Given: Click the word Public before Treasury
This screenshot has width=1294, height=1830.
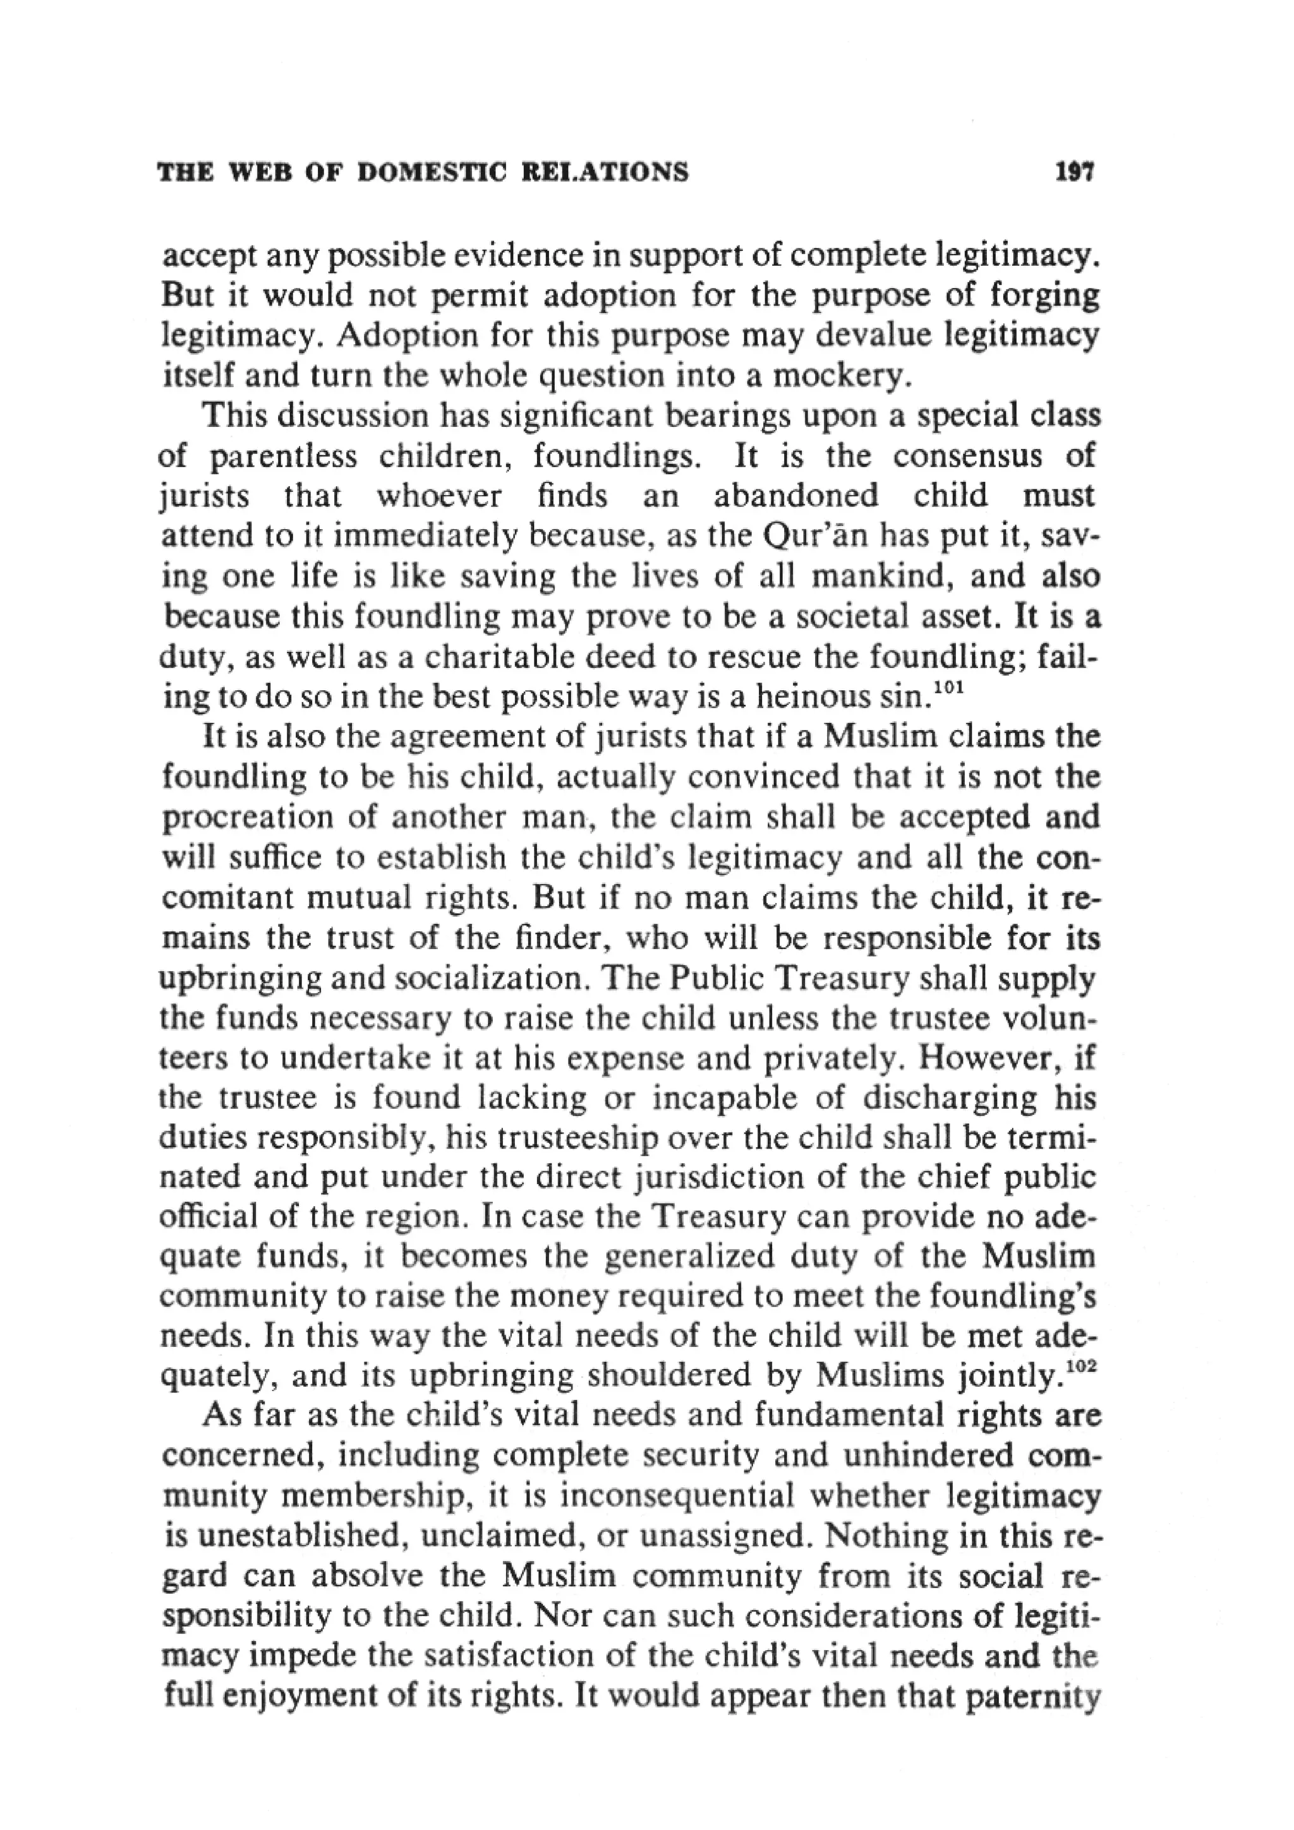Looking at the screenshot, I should pyautogui.click(x=720, y=979).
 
